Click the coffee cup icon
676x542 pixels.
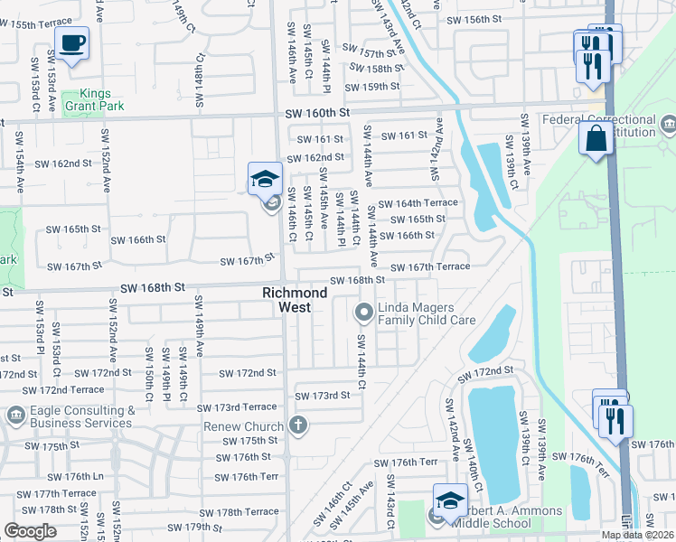[x=71, y=42]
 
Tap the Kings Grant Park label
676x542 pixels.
[x=108, y=100]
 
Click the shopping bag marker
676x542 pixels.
[x=596, y=139]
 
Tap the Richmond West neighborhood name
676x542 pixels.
[x=295, y=300]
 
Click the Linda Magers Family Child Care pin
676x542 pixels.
[x=364, y=313]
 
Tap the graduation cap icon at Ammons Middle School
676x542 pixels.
[x=450, y=500]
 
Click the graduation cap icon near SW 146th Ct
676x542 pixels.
[x=264, y=179]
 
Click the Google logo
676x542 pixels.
[x=30, y=531]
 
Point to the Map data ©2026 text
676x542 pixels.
[x=637, y=535]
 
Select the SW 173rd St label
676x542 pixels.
[x=324, y=396]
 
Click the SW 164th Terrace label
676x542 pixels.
[x=418, y=203]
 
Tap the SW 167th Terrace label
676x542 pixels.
[x=429, y=266]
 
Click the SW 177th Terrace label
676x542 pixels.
[x=55, y=493]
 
